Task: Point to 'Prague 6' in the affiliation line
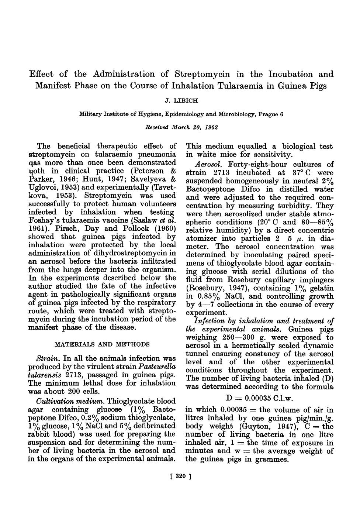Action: (272, 114)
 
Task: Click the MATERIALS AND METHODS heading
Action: (102, 344)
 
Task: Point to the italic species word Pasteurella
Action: (157, 367)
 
